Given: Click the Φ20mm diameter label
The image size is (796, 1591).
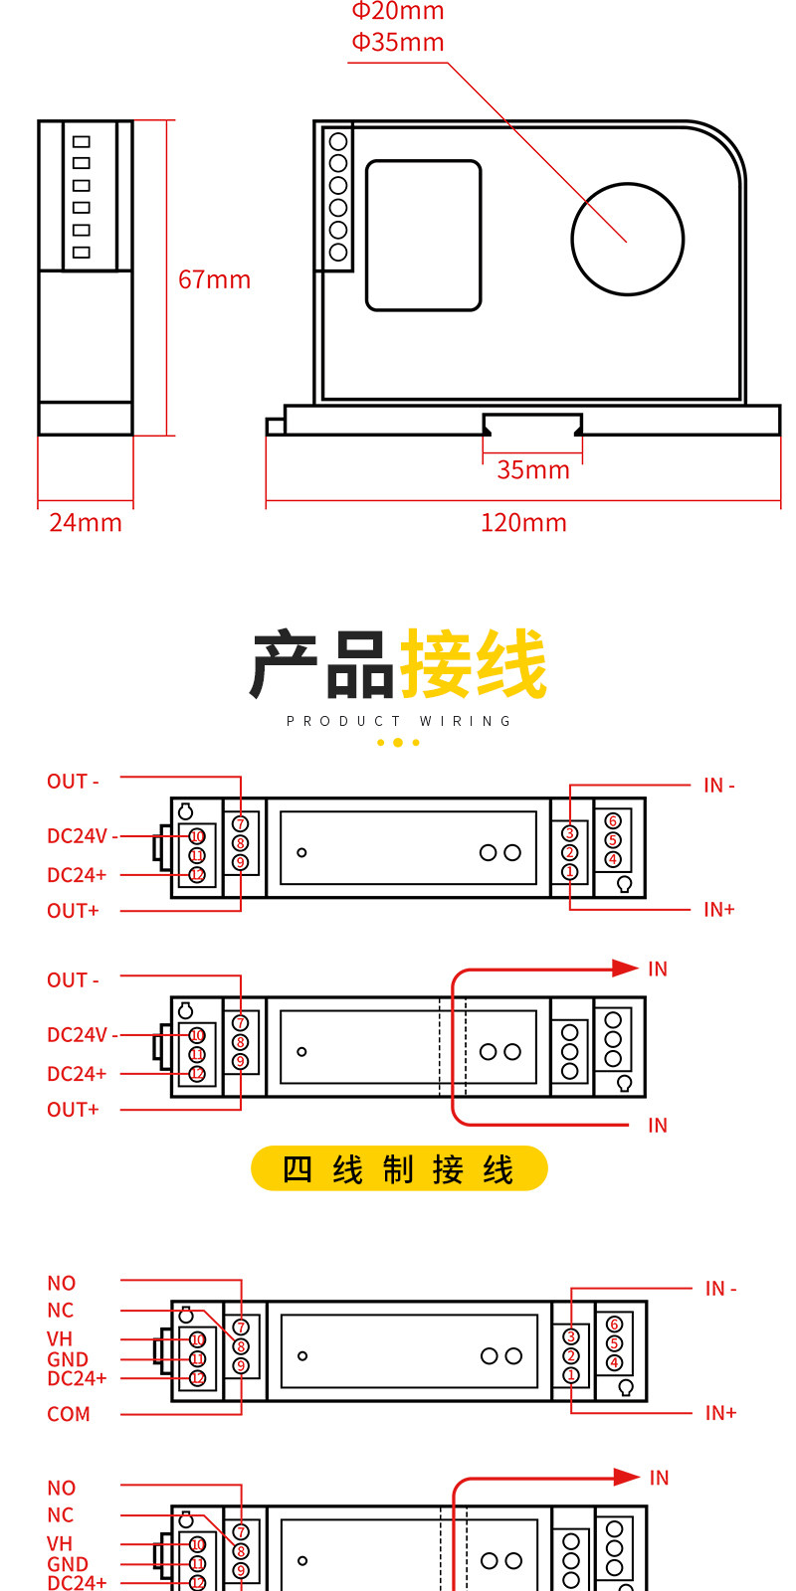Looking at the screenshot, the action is pos(398,10).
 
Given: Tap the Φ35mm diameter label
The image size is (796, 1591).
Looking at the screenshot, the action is pos(398,42).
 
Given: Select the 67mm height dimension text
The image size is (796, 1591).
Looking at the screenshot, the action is pos(215,279).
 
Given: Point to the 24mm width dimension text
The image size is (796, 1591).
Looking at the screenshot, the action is pos(86,523).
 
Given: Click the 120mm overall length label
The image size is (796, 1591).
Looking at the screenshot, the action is pos(523,523).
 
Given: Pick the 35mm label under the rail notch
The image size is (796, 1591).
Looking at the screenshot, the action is pos(533,469).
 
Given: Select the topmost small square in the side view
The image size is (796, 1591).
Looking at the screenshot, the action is pos(82,141).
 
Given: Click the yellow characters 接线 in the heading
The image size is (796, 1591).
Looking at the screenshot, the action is pos(474,662).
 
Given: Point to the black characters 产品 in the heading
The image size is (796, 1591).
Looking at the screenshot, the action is pos(322,662).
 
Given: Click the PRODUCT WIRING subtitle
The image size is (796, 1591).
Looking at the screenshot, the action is pos(398,721).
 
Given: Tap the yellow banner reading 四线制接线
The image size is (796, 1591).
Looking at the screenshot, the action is pos(399,1168).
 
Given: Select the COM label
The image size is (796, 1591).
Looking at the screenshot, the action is pos(69,1414).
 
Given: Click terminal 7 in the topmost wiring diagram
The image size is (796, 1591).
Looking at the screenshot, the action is pos(240,824).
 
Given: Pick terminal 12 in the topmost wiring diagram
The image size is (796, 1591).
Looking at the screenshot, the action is pos(197,875).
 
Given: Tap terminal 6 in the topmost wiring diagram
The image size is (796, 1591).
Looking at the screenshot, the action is pos(613,821).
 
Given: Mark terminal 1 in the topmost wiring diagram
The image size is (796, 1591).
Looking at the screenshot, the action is pos(569,871).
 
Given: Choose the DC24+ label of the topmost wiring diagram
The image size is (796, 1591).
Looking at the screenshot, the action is pos(77,875).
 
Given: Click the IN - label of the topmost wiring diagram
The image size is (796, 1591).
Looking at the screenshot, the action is pos(719,786).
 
